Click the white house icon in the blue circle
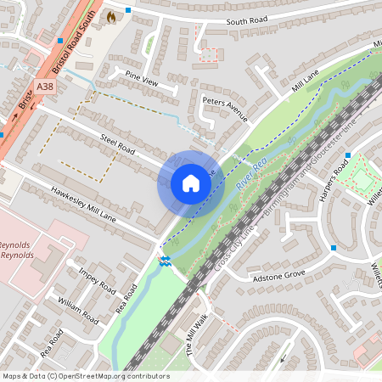190,183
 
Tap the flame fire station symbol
110,16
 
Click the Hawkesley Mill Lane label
83,205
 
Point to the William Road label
77,311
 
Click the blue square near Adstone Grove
334,248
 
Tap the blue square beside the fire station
128,10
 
